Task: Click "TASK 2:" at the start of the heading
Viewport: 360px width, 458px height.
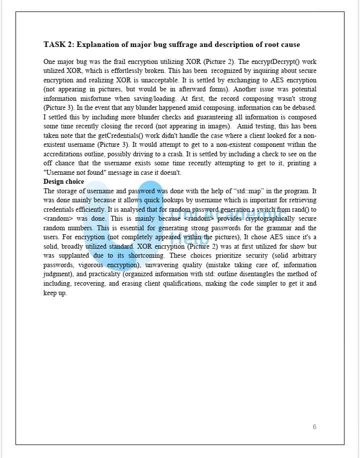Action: [x=59, y=44]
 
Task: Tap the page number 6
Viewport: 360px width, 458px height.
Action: [x=314, y=427]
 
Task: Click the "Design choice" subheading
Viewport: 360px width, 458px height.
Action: [x=63, y=181]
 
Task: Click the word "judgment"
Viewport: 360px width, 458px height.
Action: [x=57, y=274]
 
